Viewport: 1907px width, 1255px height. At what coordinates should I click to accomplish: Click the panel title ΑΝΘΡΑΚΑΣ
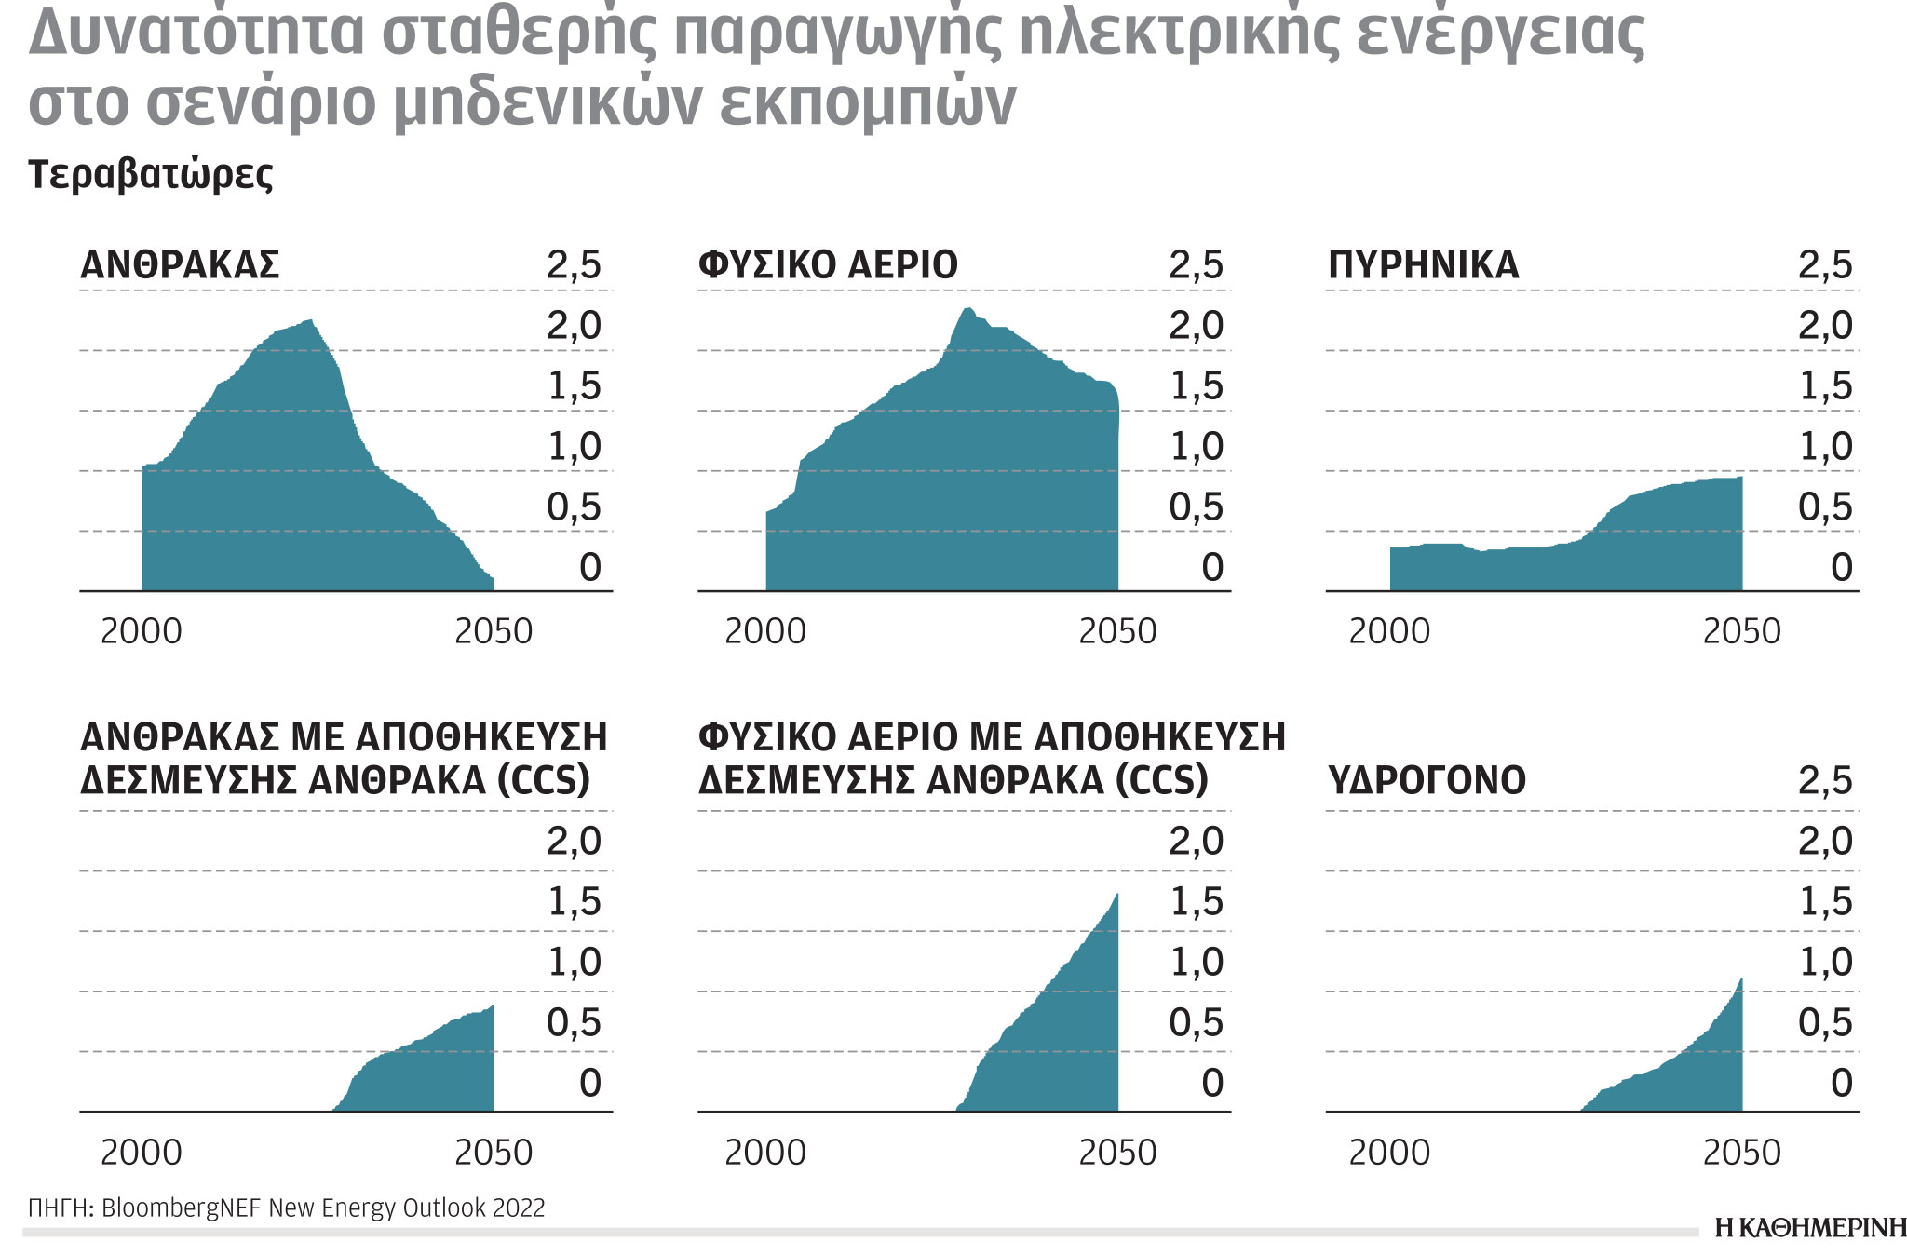point(180,265)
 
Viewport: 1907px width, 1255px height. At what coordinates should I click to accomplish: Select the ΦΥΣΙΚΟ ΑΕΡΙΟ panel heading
point(828,265)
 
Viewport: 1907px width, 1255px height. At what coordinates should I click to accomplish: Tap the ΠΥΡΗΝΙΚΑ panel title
point(1423,265)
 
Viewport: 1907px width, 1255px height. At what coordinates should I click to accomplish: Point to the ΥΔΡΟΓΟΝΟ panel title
point(1427,780)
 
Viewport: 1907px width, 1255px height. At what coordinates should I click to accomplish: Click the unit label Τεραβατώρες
point(151,174)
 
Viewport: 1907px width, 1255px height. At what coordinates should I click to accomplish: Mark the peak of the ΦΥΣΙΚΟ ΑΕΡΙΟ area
point(968,309)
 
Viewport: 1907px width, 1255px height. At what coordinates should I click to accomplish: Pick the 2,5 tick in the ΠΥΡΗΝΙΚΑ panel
point(1825,265)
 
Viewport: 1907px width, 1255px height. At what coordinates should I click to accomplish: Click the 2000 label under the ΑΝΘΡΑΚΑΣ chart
point(142,631)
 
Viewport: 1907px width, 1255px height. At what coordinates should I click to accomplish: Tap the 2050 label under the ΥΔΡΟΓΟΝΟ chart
point(1741,1153)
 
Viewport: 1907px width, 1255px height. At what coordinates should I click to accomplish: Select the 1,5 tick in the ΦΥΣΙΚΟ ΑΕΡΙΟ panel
point(1197,386)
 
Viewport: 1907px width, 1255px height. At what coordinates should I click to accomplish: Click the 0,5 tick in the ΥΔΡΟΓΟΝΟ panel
point(1825,1022)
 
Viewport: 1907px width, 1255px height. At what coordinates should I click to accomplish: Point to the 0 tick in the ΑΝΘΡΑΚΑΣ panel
point(590,567)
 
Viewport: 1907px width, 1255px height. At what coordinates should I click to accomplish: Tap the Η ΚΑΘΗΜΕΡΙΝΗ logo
point(1810,1228)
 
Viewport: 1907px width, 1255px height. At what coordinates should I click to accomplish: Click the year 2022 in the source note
point(520,1208)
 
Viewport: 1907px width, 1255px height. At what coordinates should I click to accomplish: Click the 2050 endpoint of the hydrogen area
point(1740,979)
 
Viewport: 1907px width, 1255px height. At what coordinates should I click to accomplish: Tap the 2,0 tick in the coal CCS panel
point(574,841)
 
